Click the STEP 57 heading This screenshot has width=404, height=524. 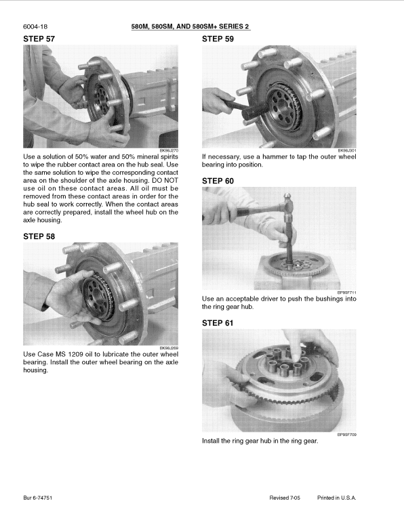39,39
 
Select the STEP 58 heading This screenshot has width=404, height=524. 39,236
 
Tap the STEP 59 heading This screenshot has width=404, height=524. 218,39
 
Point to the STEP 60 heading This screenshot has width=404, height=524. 218,181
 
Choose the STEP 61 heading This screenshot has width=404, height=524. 218,323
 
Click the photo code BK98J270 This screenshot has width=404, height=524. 169,151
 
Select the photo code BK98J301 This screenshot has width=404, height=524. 347,151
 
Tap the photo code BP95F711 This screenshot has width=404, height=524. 347,292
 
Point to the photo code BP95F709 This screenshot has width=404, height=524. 347,435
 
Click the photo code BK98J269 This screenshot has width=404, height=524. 169,348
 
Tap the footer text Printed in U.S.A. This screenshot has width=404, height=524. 336,498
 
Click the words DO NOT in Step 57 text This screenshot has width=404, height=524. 165,179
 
